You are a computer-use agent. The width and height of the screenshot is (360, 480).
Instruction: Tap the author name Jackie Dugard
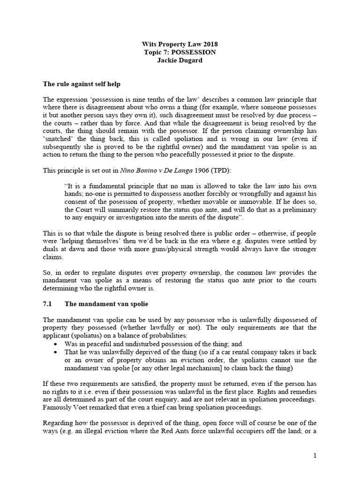point(180,60)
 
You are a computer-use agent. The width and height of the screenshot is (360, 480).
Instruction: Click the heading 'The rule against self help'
point(82,84)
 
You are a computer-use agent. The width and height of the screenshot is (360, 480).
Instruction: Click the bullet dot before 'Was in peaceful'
point(56,344)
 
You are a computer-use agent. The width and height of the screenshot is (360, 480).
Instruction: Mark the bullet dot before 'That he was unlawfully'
point(56,352)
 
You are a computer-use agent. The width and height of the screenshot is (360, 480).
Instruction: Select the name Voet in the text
point(79,408)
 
